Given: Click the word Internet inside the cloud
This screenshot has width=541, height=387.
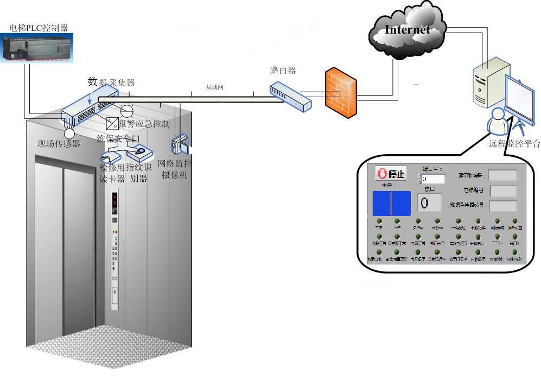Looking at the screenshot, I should click(x=407, y=29).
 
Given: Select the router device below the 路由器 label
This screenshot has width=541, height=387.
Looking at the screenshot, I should click(x=290, y=96).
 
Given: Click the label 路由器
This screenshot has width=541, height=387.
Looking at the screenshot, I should click(x=283, y=71).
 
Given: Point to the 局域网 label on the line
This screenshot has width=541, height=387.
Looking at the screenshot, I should click(x=215, y=87).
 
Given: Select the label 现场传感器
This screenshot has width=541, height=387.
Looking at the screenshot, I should click(x=59, y=144).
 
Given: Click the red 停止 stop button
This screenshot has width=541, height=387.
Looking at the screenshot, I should click(x=391, y=174).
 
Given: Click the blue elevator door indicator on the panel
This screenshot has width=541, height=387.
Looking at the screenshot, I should click(x=391, y=203).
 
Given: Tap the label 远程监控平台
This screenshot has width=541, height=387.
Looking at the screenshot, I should click(x=514, y=144).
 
